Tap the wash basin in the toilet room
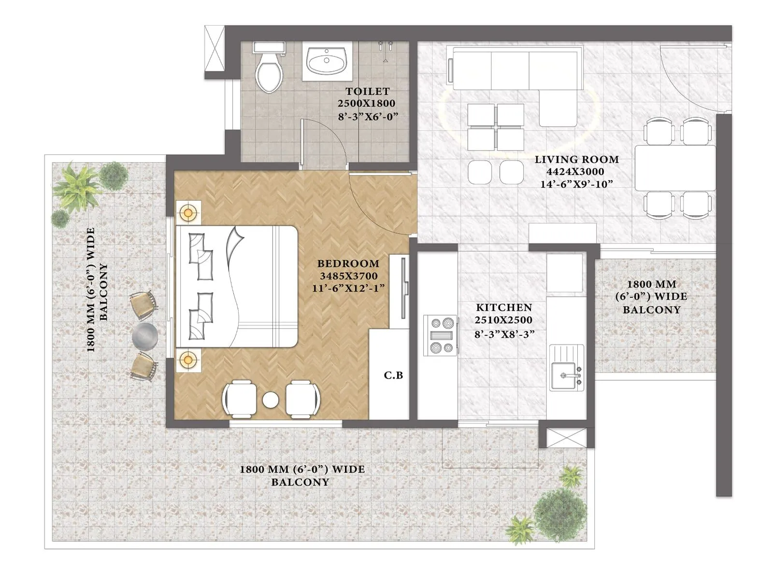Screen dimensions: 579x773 pyautogui.click(x=327, y=61)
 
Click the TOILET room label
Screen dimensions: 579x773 pyautogui.click(x=367, y=91)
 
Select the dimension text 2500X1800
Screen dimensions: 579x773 pyautogui.click(x=366, y=103)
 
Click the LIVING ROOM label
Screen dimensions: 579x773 pyautogui.click(x=576, y=159)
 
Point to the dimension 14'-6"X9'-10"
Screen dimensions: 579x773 pyautogui.click(x=576, y=184)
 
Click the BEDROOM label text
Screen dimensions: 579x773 pyautogui.click(x=348, y=263)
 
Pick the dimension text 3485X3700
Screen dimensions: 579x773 pyautogui.click(x=348, y=276)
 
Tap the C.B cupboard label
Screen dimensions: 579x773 pyautogui.click(x=393, y=375)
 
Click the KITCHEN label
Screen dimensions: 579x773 pyautogui.click(x=504, y=307)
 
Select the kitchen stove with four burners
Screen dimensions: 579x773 pyautogui.click(x=441, y=335)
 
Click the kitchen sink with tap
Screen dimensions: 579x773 pyautogui.click(x=567, y=374)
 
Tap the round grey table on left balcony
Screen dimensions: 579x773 pyautogui.click(x=144, y=335)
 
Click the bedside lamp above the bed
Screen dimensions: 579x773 pyautogui.click(x=188, y=212)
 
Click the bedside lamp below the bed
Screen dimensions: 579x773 pyautogui.click(x=188, y=359)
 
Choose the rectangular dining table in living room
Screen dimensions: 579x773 pyautogui.click(x=674, y=167)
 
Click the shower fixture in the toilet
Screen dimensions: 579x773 pyautogui.click(x=385, y=51)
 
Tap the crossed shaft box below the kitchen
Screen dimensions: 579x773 pyautogui.click(x=563, y=437)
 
